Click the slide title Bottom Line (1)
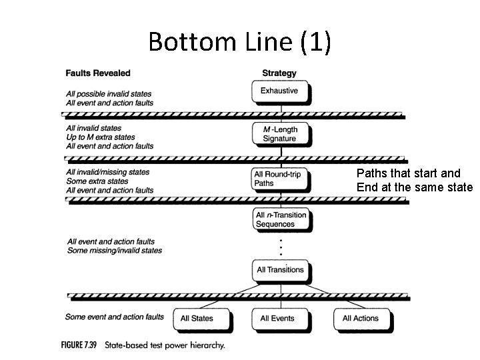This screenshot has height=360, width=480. point(239,41)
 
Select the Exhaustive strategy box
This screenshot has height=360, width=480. point(279,91)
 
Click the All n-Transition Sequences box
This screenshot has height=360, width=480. point(281,220)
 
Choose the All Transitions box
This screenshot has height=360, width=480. point(280,270)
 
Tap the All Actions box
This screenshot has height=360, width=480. point(361,319)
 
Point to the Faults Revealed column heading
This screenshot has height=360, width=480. point(98,73)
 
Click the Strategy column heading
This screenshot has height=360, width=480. point(279,73)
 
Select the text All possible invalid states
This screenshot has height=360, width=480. point(109,94)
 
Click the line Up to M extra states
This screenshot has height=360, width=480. point(100,137)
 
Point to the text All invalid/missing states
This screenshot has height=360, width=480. point(107,172)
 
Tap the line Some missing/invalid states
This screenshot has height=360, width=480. point(114,251)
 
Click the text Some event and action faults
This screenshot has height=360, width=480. point(114,317)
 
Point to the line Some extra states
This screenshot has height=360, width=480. point(97,181)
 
